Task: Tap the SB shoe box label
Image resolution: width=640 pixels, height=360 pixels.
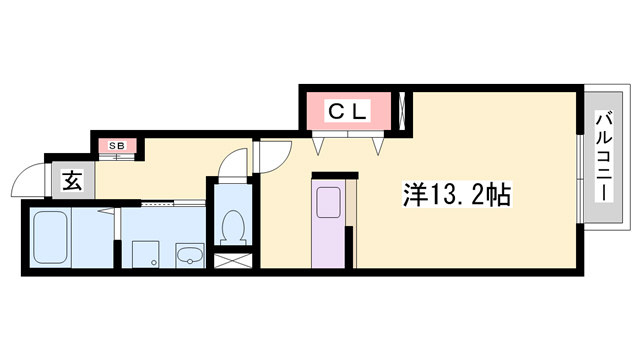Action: [x=118, y=147]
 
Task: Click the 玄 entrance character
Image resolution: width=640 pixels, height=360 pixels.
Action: [x=72, y=181]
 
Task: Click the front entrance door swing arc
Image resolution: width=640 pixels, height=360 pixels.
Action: [x=28, y=181]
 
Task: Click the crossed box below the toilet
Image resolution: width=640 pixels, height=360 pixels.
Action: [x=232, y=263]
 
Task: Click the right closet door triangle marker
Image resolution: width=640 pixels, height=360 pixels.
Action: [x=379, y=146]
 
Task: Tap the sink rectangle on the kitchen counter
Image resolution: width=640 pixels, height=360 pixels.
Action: [x=328, y=201]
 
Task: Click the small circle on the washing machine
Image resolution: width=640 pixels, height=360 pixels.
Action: [x=154, y=262]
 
